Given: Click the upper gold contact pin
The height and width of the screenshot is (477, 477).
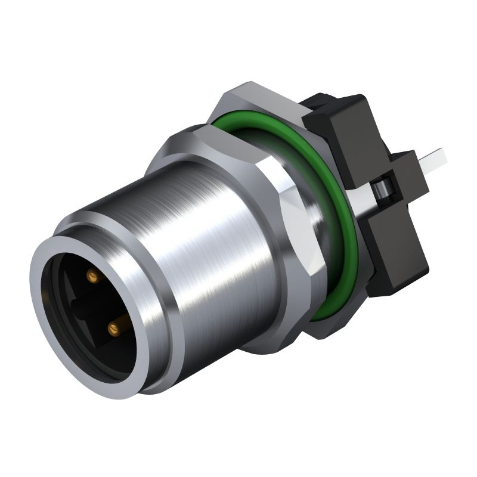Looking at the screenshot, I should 92,275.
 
